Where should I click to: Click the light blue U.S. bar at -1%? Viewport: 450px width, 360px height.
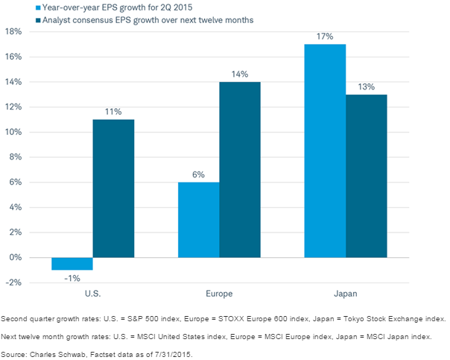[72, 264]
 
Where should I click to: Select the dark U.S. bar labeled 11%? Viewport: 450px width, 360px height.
[113, 189]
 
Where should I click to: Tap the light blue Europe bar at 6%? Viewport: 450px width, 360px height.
[199, 220]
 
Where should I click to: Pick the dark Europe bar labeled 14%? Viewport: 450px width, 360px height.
[239, 170]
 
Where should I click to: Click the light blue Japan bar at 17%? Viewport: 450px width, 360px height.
[326, 151]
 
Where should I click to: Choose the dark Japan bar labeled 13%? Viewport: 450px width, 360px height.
[367, 176]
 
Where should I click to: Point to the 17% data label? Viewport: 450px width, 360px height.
[326, 36]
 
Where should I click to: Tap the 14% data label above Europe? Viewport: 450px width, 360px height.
[239, 73]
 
